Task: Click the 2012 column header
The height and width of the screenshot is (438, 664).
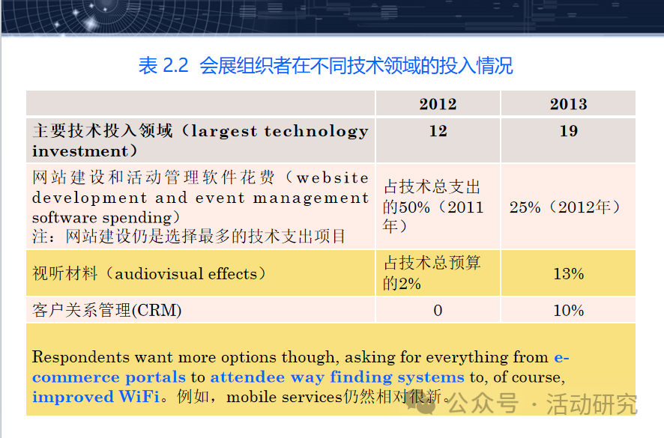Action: (x=438, y=104)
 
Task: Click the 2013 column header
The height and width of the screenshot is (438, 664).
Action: (x=568, y=104)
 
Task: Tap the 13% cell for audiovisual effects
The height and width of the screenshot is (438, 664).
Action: (x=568, y=274)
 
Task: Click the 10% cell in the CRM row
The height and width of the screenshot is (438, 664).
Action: (x=568, y=310)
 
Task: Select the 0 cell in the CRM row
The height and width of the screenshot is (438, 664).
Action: (x=438, y=310)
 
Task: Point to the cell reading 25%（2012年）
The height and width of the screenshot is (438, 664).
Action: (x=565, y=207)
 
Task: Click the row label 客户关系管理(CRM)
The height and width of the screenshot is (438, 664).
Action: (x=106, y=310)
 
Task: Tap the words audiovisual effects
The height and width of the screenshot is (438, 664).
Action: (x=186, y=274)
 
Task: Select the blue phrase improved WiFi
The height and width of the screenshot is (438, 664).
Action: (x=96, y=397)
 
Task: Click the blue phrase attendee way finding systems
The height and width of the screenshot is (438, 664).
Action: (x=337, y=377)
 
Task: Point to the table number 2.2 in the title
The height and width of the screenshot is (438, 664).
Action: (x=175, y=66)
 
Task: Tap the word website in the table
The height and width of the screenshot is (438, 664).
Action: (x=333, y=177)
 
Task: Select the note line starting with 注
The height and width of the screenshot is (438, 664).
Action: (x=189, y=236)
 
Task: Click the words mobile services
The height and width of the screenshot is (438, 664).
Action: (x=284, y=397)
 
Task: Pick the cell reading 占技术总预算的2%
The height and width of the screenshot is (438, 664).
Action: (x=432, y=273)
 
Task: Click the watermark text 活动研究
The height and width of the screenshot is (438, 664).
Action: (x=591, y=404)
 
